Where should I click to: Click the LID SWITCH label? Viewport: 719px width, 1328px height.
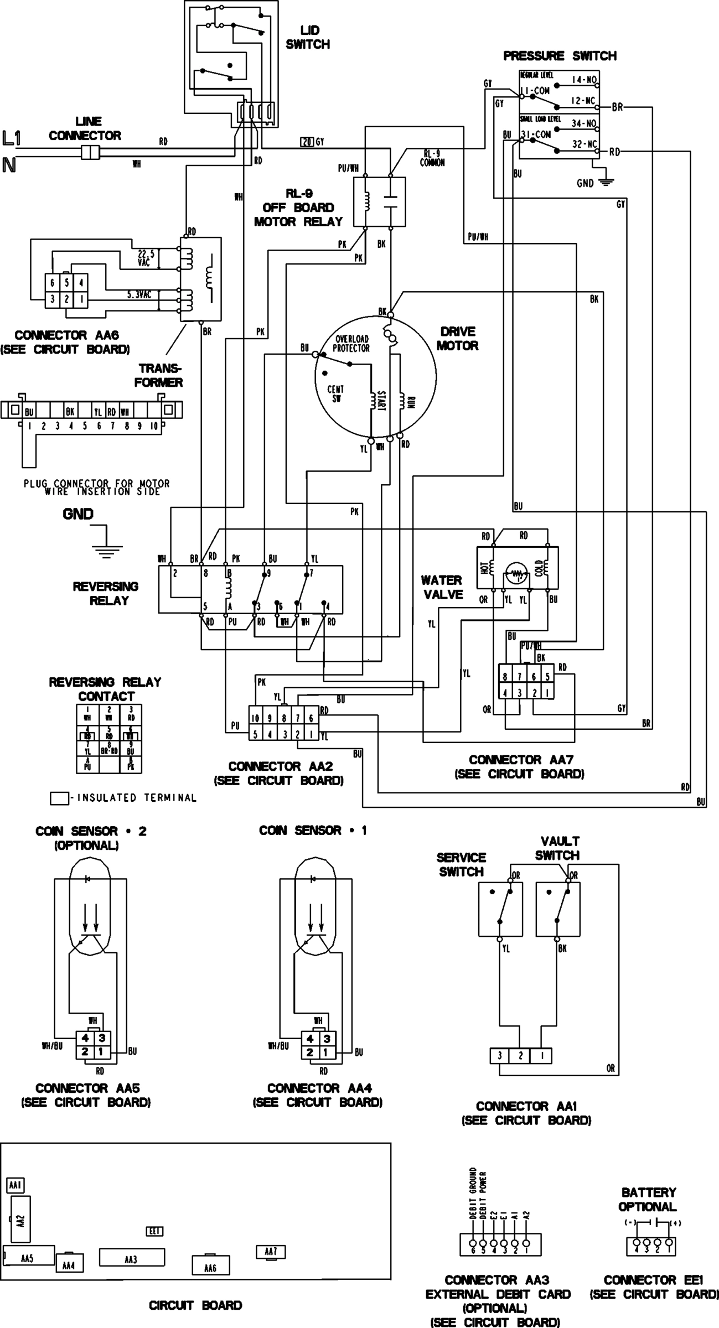coord(307,37)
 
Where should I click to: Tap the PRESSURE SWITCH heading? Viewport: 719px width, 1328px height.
coord(559,56)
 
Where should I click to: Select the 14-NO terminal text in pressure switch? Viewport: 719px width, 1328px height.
coord(583,80)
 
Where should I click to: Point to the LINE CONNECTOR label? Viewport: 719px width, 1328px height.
coord(85,128)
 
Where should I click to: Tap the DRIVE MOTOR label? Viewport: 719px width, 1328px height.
coord(457,339)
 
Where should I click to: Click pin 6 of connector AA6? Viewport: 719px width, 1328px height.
coord(52,283)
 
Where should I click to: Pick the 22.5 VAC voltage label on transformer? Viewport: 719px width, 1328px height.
coord(144,258)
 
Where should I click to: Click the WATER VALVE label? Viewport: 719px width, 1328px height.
coord(441,587)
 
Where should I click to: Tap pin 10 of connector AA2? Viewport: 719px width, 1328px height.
coord(255,718)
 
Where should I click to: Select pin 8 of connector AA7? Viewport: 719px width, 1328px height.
coord(505,676)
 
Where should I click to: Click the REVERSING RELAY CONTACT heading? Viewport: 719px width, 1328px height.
coord(105,689)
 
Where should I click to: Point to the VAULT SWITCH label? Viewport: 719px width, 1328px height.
coord(557,848)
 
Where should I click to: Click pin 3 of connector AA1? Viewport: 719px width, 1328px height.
coord(499,1056)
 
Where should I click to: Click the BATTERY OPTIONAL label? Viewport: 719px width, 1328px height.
coord(647,1199)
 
